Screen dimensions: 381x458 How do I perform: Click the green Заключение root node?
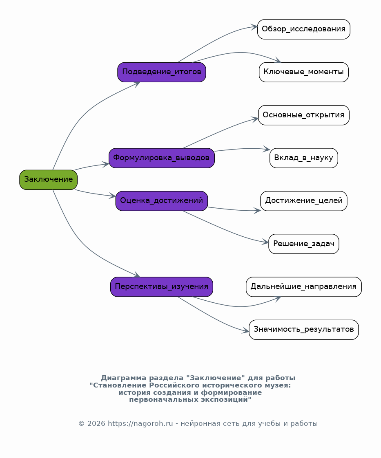click(48, 180)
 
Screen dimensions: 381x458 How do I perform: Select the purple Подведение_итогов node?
click(162, 72)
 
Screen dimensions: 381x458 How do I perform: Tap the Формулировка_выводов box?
click(162, 158)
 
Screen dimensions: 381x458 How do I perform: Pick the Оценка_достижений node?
click(162, 201)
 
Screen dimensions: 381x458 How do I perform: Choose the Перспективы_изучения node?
click(162, 287)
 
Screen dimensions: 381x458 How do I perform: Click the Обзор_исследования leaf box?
click(304, 29)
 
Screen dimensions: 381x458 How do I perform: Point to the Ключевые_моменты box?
click(304, 72)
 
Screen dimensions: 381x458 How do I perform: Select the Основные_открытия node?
click(304, 115)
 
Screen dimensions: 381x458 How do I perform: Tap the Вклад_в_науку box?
click(304, 158)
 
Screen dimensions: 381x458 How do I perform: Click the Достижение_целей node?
click(304, 201)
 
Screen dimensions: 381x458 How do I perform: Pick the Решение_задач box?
click(304, 244)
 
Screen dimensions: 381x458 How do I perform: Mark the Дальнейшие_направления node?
click(304, 287)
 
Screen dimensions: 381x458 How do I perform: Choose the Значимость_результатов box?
click(304, 330)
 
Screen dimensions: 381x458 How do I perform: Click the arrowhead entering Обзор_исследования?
click(254, 27)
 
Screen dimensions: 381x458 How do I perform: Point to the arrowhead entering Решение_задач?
click(265, 242)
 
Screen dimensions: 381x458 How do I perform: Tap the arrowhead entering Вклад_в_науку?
click(266, 149)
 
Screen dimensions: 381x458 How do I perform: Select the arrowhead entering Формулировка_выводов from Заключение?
click(105, 165)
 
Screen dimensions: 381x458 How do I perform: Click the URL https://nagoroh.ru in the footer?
click(140, 423)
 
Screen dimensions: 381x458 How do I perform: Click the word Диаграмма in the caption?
click(123, 378)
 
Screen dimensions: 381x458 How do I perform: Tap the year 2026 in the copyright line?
click(96, 423)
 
